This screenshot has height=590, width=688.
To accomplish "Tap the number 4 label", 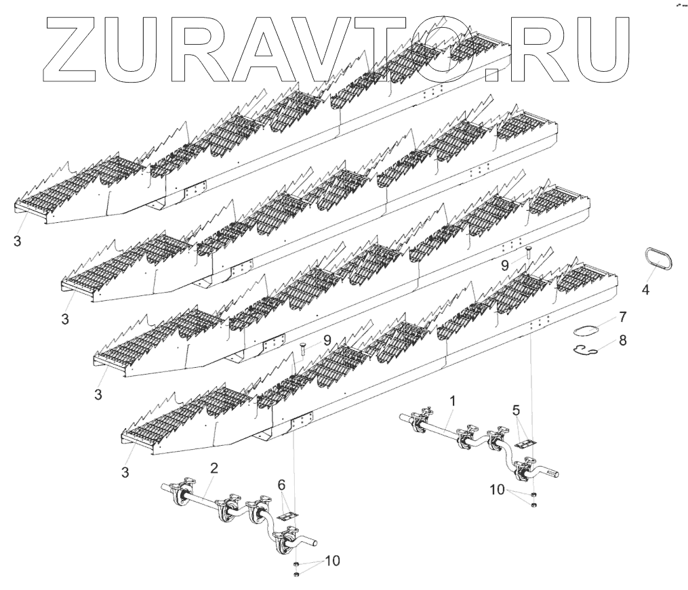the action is coord(645,290).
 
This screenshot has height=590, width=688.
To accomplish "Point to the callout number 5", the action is coord(516,410).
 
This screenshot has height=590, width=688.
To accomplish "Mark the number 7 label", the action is coord(622,317).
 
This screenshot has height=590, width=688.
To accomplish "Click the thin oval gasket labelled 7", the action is coord(586,331).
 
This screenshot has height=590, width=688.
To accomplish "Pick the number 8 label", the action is coord(622,339).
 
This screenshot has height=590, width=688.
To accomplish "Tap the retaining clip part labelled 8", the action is coord(581,350).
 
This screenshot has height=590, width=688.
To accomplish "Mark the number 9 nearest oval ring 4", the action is coord(505,266).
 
